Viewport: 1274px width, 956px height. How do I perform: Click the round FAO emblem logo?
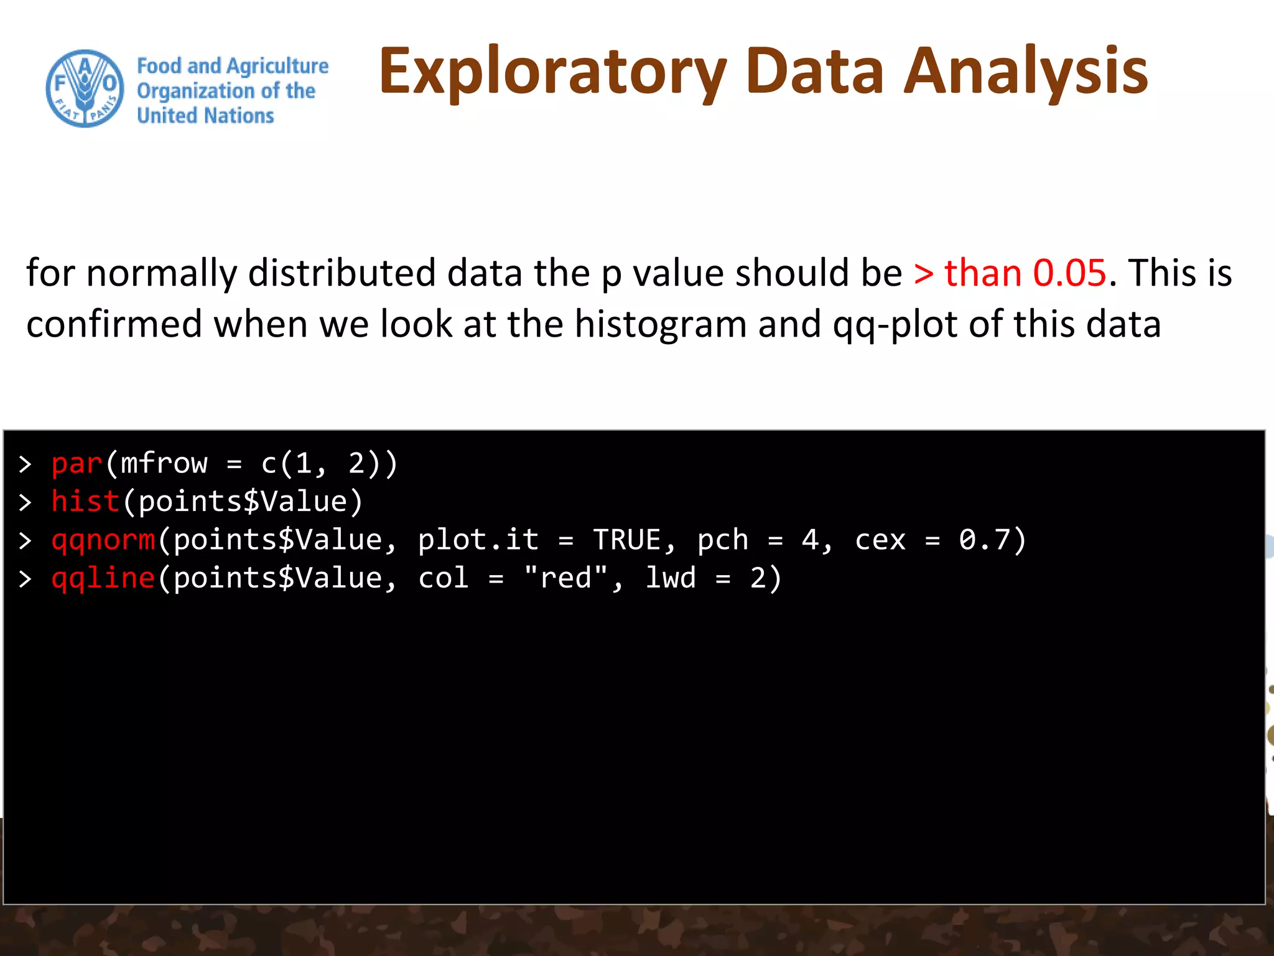click(x=85, y=89)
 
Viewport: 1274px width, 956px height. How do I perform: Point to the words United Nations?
click(x=205, y=116)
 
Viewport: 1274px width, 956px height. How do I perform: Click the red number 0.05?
click(x=1069, y=273)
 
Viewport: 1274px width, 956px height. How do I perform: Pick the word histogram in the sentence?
click(x=660, y=324)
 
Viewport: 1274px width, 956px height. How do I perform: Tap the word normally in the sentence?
click(x=162, y=273)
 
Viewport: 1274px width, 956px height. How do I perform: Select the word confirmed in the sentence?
click(x=114, y=324)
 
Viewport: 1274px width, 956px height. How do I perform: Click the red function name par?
click(x=77, y=464)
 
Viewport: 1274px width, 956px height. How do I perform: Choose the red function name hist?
click(x=85, y=502)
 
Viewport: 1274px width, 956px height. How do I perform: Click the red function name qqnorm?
click(x=103, y=540)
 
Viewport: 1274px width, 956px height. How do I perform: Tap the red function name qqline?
click(x=103, y=578)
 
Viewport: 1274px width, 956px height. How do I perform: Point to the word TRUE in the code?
click(x=627, y=540)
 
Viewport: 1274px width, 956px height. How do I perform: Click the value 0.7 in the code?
click(x=984, y=540)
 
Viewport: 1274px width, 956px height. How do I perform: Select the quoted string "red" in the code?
click(x=565, y=578)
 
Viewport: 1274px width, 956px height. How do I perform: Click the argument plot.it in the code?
click(x=478, y=540)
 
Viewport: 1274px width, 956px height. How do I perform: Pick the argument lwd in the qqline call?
click(x=671, y=578)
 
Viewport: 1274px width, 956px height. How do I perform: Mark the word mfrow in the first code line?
click(x=164, y=464)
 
